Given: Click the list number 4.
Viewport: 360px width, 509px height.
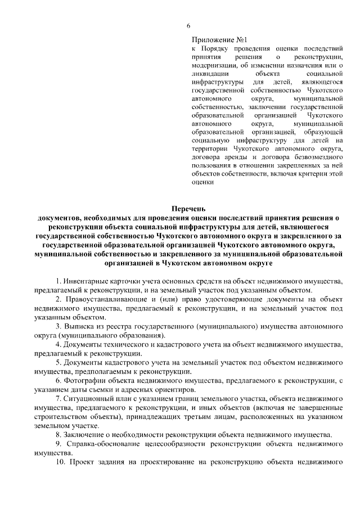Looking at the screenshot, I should (58, 344).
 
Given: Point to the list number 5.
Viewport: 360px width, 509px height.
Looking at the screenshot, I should (58, 363).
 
